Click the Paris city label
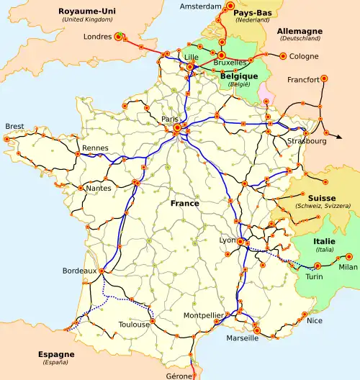click(x=170, y=119)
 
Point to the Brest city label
click(x=14, y=126)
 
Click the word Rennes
click(x=95, y=148)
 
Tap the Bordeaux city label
click(x=79, y=271)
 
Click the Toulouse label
click(x=135, y=325)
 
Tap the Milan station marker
click(x=350, y=256)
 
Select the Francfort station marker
click(x=324, y=78)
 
